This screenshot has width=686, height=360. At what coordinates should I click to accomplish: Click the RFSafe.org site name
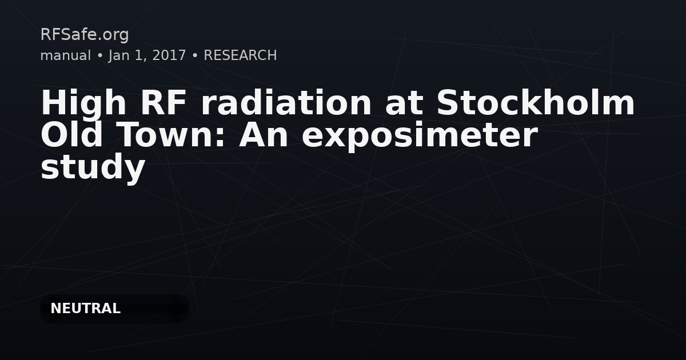point(85,35)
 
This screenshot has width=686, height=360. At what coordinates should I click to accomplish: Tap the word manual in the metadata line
point(66,55)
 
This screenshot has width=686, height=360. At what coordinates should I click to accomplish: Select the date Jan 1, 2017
point(147,56)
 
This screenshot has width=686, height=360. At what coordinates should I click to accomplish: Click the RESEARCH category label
point(240,55)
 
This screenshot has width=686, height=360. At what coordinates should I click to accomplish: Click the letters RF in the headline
point(163,103)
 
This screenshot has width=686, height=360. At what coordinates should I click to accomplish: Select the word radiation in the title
point(286,102)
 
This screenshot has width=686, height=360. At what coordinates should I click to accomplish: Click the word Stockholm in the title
point(536,102)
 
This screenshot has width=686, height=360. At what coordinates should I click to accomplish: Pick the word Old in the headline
point(71,135)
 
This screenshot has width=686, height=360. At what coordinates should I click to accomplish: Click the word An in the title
point(264,135)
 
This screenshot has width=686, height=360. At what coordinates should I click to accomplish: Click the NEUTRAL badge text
point(85,309)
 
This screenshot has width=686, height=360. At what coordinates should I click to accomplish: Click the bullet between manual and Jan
point(99,56)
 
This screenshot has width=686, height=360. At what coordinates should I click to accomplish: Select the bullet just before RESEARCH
point(195,56)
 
